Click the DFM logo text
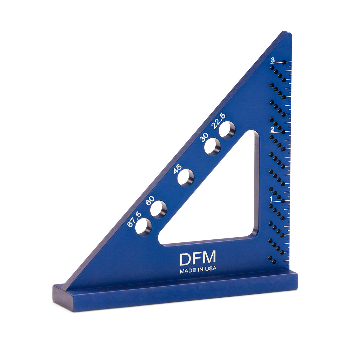(x=198, y=258)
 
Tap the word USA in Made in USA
(x=211, y=269)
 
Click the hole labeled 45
(x=186, y=178)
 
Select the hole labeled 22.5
(x=227, y=130)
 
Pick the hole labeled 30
(x=213, y=146)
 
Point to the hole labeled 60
(x=158, y=209)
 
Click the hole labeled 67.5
(x=143, y=226)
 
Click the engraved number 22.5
(x=218, y=121)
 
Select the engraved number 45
(x=177, y=169)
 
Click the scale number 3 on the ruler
(x=272, y=60)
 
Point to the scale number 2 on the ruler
(x=272, y=129)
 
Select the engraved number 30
(x=204, y=137)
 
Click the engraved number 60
(x=150, y=200)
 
